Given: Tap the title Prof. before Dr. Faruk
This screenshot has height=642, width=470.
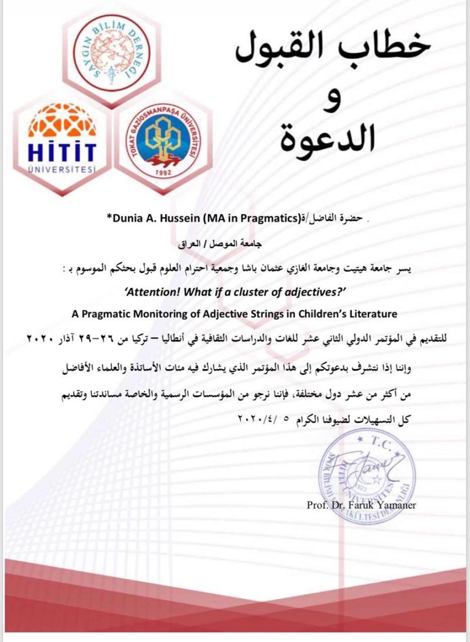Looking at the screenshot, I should point(318,505).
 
